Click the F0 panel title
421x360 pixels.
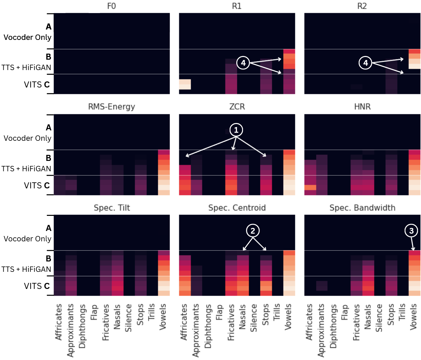(x=112, y=6)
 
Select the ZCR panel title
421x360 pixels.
(x=237, y=107)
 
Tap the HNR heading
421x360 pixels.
(x=362, y=107)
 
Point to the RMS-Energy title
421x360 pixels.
(x=112, y=107)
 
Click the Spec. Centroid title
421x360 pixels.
(x=237, y=208)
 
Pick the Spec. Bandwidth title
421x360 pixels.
(x=362, y=208)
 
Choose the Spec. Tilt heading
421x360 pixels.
(x=112, y=208)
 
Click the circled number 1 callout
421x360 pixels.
(x=236, y=130)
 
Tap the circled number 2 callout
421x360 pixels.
(x=253, y=231)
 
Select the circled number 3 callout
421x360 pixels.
(x=411, y=231)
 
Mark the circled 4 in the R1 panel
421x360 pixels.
(x=243, y=63)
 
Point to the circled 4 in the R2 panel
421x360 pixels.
(x=365, y=63)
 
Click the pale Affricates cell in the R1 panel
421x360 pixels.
(x=185, y=84)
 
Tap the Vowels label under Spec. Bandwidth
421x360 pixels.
(x=414, y=317)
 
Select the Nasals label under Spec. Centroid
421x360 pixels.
(x=242, y=317)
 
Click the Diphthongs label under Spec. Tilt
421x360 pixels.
(x=82, y=326)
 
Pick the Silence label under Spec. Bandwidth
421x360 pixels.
(x=379, y=318)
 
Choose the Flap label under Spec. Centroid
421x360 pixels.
(x=220, y=312)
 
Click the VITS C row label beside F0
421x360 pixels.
(x=37, y=84)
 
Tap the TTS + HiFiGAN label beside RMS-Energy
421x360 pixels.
(x=26, y=169)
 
